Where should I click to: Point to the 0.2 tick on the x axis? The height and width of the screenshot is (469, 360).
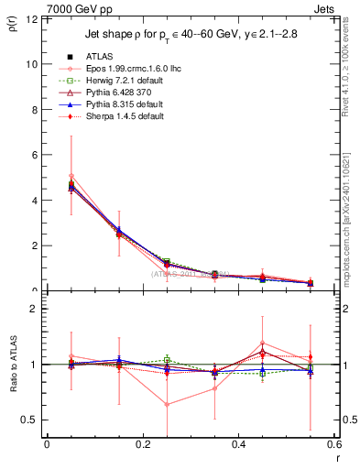tap(142, 446)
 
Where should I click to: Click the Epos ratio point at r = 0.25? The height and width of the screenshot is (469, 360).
tap(167, 404)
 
